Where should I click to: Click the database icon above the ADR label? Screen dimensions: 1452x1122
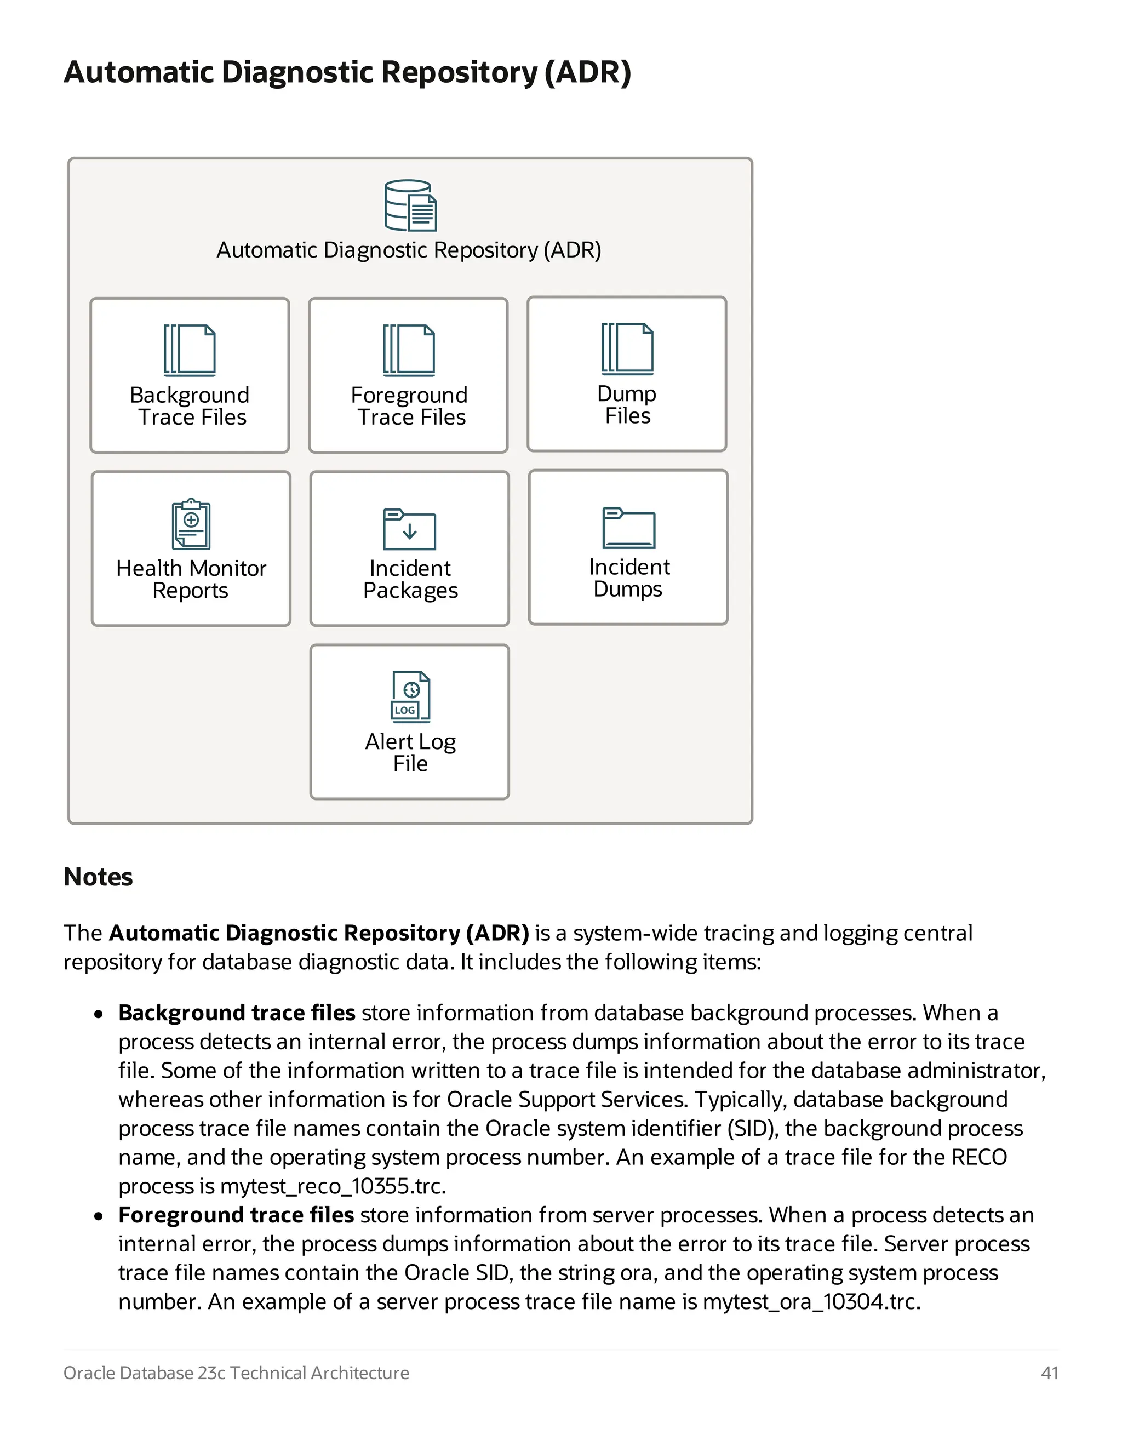410,205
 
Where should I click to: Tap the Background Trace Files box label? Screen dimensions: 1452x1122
190,405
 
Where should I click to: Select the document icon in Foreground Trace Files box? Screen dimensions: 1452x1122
409,350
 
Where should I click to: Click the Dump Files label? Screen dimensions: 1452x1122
627,404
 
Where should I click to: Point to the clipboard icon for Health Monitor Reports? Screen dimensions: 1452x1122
191,524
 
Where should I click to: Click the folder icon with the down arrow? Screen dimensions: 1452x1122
409,529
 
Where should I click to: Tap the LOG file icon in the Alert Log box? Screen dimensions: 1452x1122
410,697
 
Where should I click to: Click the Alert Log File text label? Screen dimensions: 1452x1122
410,752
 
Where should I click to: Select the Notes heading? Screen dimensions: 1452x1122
99,877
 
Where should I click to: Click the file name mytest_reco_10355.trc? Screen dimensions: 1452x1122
333,1186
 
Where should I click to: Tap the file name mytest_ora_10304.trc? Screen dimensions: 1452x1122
811,1302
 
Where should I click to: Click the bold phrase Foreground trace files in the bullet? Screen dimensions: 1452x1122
236,1215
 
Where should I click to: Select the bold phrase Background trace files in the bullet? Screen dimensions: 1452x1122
237,1013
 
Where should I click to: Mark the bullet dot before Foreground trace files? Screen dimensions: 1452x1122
99,1216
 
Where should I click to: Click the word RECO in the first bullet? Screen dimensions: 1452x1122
979,1157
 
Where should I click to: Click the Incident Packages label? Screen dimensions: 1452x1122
410,579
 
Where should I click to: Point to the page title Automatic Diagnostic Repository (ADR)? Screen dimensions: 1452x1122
347,72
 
